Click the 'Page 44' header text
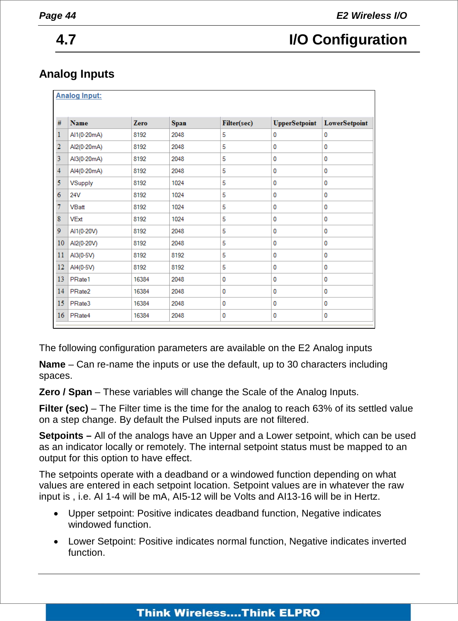(x=57, y=16)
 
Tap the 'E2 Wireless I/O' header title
(x=371, y=16)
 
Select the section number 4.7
(x=66, y=40)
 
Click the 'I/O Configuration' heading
(x=348, y=40)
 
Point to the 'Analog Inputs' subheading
(x=76, y=74)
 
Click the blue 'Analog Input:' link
(x=78, y=96)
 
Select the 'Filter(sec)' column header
(x=237, y=123)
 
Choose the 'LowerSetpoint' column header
(x=346, y=123)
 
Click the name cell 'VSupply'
(x=81, y=183)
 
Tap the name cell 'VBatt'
(x=77, y=207)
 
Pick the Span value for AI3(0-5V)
(x=178, y=255)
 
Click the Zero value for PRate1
(x=141, y=279)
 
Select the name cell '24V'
(x=75, y=195)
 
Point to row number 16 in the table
(x=60, y=315)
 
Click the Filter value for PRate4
(x=224, y=316)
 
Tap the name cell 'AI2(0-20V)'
(x=84, y=243)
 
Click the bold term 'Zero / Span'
(x=65, y=392)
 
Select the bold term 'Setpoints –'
(x=65, y=436)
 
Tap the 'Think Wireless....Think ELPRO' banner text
(x=228, y=613)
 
